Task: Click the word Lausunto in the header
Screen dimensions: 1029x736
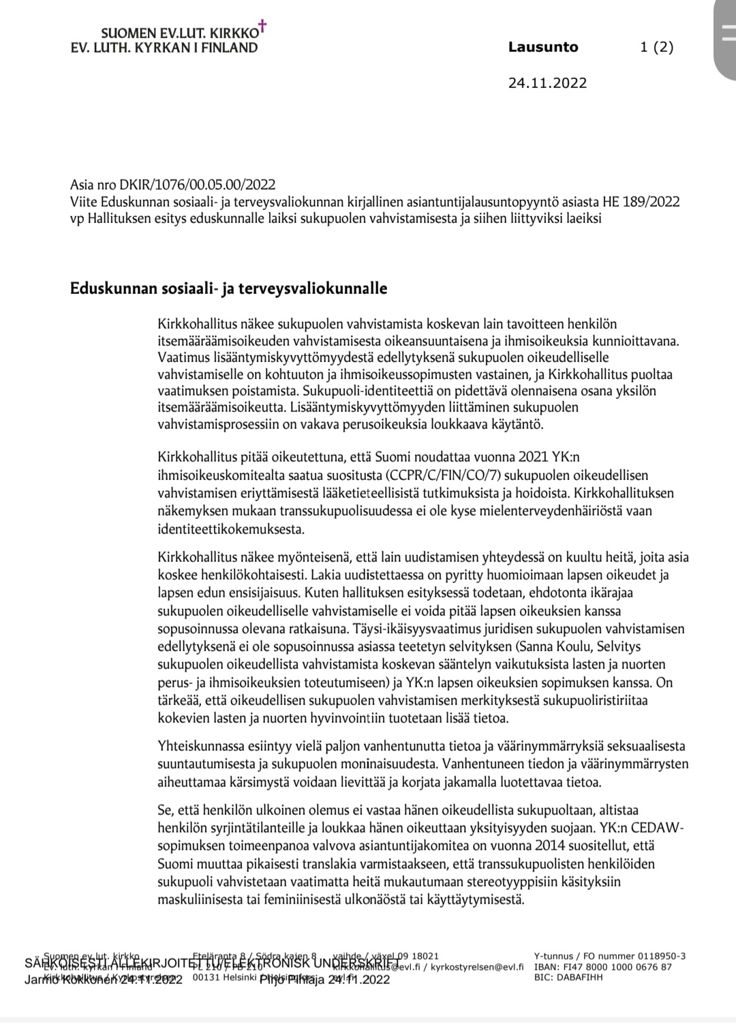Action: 543,47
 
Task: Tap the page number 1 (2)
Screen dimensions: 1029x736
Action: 656,47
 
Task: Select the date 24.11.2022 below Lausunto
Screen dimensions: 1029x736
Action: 547,83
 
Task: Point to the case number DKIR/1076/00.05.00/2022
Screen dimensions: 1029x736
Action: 197,185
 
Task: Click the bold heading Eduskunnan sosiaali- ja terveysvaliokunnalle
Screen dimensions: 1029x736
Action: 229,288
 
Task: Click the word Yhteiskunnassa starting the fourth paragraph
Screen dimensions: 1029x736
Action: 202,746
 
